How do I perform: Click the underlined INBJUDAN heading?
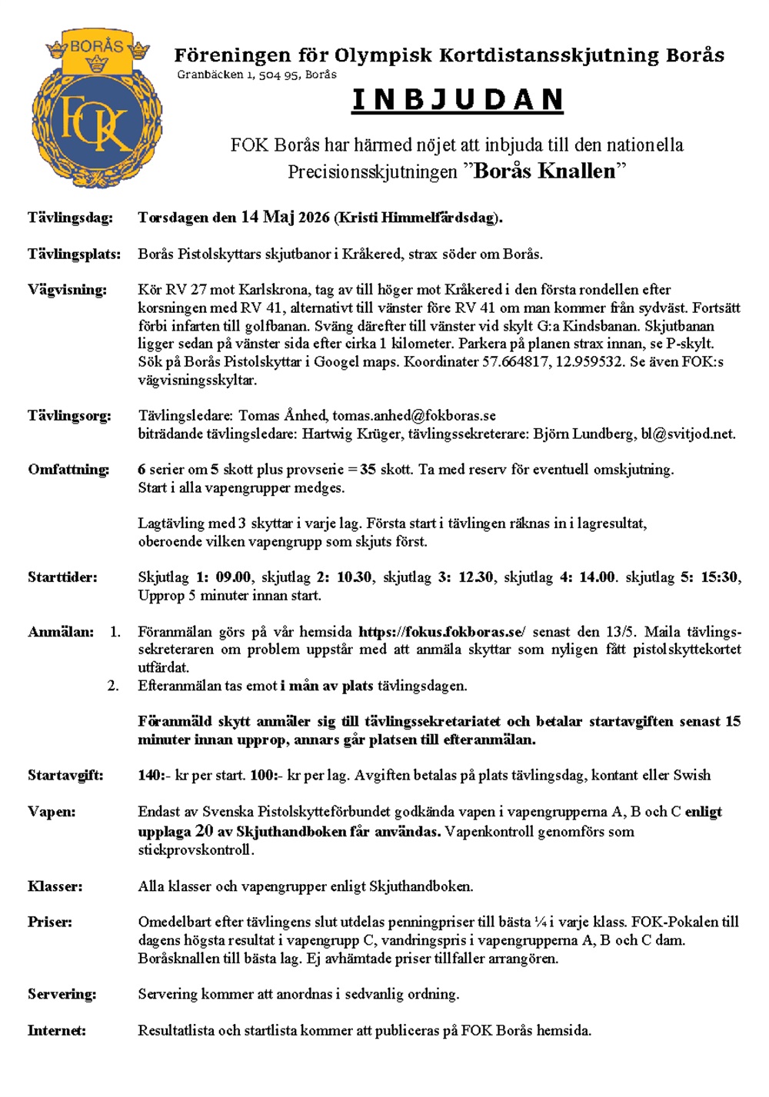click(458, 101)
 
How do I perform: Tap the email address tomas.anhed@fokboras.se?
click(414, 416)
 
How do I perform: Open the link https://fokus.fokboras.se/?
click(442, 632)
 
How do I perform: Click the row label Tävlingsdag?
click(70, 218)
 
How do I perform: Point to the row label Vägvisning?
click(67, 290)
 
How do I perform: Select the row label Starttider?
click(62, 577)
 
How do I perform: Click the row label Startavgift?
click(65, 776)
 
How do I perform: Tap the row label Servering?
click(62, 994)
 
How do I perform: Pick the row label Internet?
click(57, 1030)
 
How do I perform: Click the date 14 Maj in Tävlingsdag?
click(268, 217)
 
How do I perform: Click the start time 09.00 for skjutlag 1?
click(233, 577)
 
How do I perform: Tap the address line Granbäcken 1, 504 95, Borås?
click(257, 75)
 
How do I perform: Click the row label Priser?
click(50, 922)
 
